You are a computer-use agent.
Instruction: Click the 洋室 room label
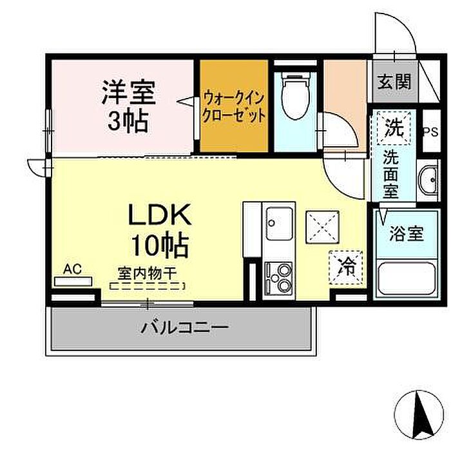coord(129,92)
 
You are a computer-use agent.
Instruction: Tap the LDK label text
coord(160,215)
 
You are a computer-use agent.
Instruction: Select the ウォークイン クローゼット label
coord(233,107)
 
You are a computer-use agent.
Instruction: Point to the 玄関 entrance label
coord(394,82)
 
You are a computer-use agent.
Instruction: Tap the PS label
coord(431,132)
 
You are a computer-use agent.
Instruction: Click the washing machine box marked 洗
coord(394,128)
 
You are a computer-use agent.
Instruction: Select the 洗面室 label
coord(390,174)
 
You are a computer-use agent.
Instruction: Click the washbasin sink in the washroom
coord(428,180)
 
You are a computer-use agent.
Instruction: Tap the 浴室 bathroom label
coord(407,234)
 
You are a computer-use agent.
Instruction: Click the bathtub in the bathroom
coord(407,278)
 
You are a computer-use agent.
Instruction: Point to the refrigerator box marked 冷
coord(346,267)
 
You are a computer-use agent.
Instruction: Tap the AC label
coord(72,269)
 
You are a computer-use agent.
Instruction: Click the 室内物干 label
coord(147,274)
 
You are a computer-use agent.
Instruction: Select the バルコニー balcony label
coord(186,327)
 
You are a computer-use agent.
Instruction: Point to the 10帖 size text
coord(160,246)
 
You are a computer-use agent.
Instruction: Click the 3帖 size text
coord(128,120)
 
